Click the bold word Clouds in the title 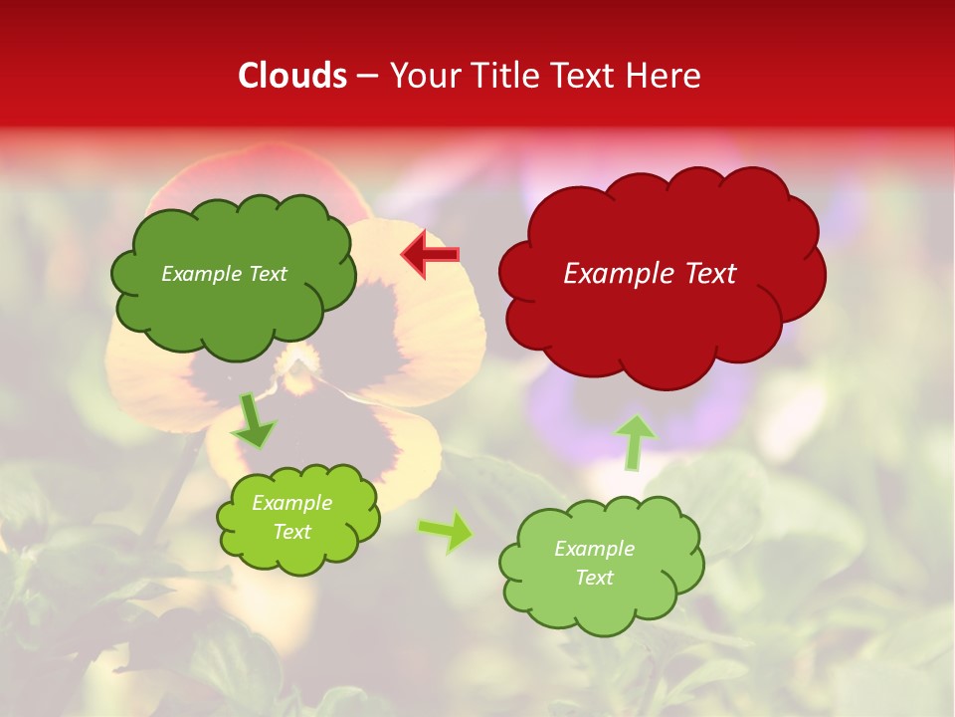[x=292, y=76]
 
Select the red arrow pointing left [x=431, y=255]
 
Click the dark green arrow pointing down [x=255, y=421]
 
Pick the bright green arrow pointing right [x=447, y=532]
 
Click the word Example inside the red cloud [x=616, y=274]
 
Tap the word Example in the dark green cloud [x=200, y=274]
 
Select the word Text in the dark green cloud [x=267, y=274]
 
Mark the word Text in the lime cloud [x=292, y=532]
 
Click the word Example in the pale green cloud [x=594, y=549]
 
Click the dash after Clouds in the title [x=367, y=77]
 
